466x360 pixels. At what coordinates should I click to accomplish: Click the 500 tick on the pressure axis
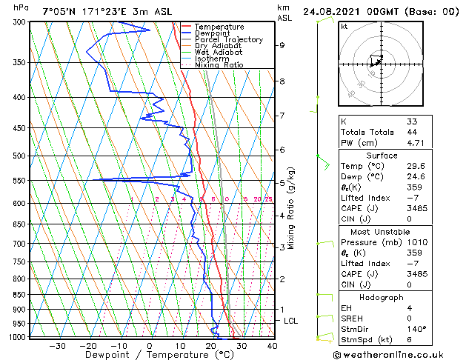click(20, 156)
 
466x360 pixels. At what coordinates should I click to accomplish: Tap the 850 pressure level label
click(20, 295)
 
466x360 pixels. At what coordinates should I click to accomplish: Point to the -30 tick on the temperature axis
click(57, 345)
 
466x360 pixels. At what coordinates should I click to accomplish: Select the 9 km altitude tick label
click(282, 45)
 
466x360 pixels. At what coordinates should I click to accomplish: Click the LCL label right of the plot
click(290, 321)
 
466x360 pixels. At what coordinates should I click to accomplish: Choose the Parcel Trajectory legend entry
click(229, 39)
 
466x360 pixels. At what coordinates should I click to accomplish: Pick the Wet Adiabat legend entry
click(219, 52)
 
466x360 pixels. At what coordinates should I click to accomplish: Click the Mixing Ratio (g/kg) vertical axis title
click(292, 208)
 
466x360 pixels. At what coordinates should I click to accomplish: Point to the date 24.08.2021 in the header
click(333, 12)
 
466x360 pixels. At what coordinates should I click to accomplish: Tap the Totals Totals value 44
click(411, 132)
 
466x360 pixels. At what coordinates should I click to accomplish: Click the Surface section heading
click(382, 156)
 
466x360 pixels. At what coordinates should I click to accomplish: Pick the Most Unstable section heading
click(382, 231)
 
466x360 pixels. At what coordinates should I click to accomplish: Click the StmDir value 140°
click(416, 329)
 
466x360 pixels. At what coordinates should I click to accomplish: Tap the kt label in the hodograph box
click(344, 26)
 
